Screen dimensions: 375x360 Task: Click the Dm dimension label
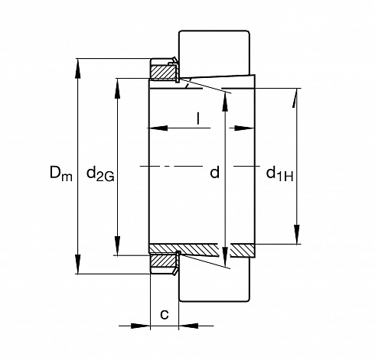click(x=61, y=174)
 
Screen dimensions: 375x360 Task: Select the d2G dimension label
click(x=100, y=174)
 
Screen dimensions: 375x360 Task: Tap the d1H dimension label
click(x=279, y=174)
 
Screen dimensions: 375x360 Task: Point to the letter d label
click(x=215, y=173)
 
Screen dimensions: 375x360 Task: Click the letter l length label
click(x=198, y=118)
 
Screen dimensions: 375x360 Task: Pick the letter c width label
click(x=165, y=314)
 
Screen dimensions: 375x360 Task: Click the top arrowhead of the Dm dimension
click(x=78, y=68)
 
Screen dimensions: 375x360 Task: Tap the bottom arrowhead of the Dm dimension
click(x=78, y=264)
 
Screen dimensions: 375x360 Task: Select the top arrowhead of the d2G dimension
click(x=117, y=88)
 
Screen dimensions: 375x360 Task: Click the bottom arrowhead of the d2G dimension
click(x=117, y=245)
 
